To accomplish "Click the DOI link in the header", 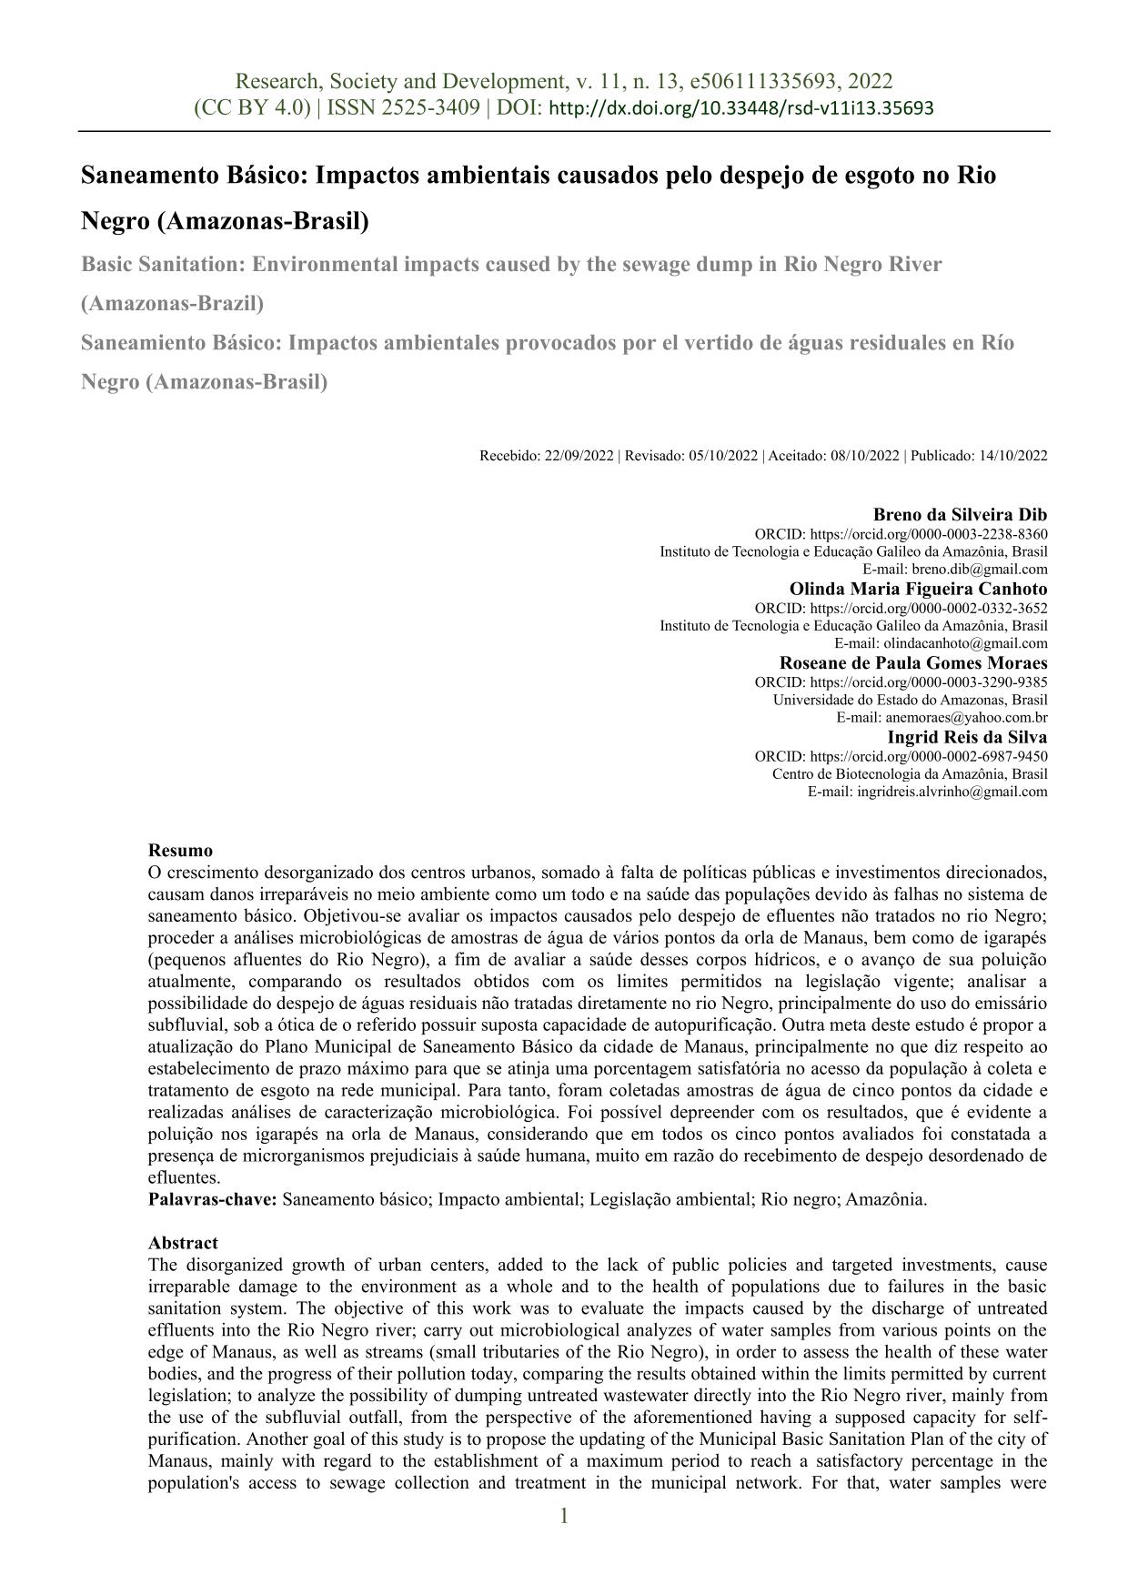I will (742, 108).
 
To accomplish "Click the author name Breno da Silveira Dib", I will (960, 514).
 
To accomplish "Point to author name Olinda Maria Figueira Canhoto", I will (918, 589).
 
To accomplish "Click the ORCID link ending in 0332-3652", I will (928, 608).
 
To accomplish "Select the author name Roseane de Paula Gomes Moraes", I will (913, 662).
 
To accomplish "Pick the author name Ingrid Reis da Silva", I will (967, 737).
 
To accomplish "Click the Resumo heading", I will (180, 851).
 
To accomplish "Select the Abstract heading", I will (183, 1243).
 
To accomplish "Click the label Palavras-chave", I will (212, 1199).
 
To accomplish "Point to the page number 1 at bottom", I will (564, 1516).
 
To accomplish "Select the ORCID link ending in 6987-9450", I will (928, 756).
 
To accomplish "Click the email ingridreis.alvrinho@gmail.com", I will (952, 792).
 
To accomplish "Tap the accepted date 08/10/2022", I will (864, 456).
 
